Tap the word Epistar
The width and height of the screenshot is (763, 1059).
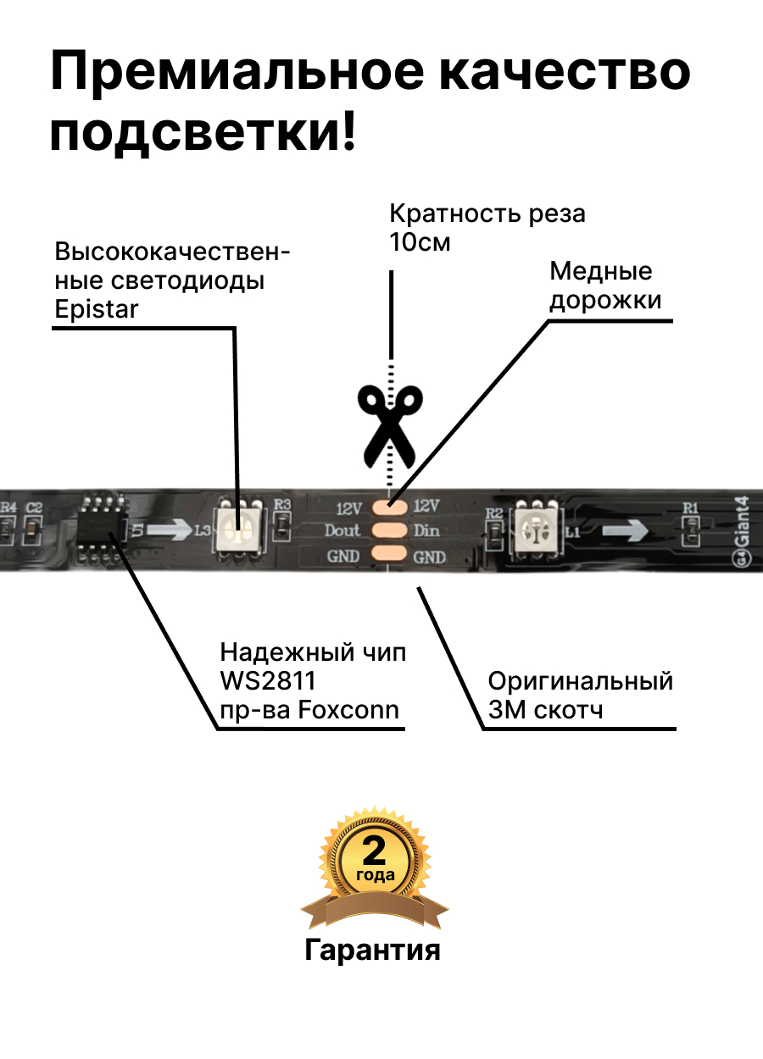(x=96, y=309)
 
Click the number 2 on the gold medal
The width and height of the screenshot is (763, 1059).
(x=374, y=850)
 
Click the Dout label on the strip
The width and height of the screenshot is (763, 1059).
(x=343, y=531)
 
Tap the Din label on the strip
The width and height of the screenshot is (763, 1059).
(x=426, y=531)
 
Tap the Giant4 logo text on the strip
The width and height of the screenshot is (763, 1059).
(x=743, y=529)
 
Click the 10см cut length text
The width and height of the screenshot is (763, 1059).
(x=420, y=243)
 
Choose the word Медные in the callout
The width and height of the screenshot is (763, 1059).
(x=601, y=272)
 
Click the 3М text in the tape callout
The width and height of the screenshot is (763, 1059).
(x=506, y=709)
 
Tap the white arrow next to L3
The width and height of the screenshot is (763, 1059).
(x=173, y=531)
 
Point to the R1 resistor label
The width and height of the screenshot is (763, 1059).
(x=691, y=507)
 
